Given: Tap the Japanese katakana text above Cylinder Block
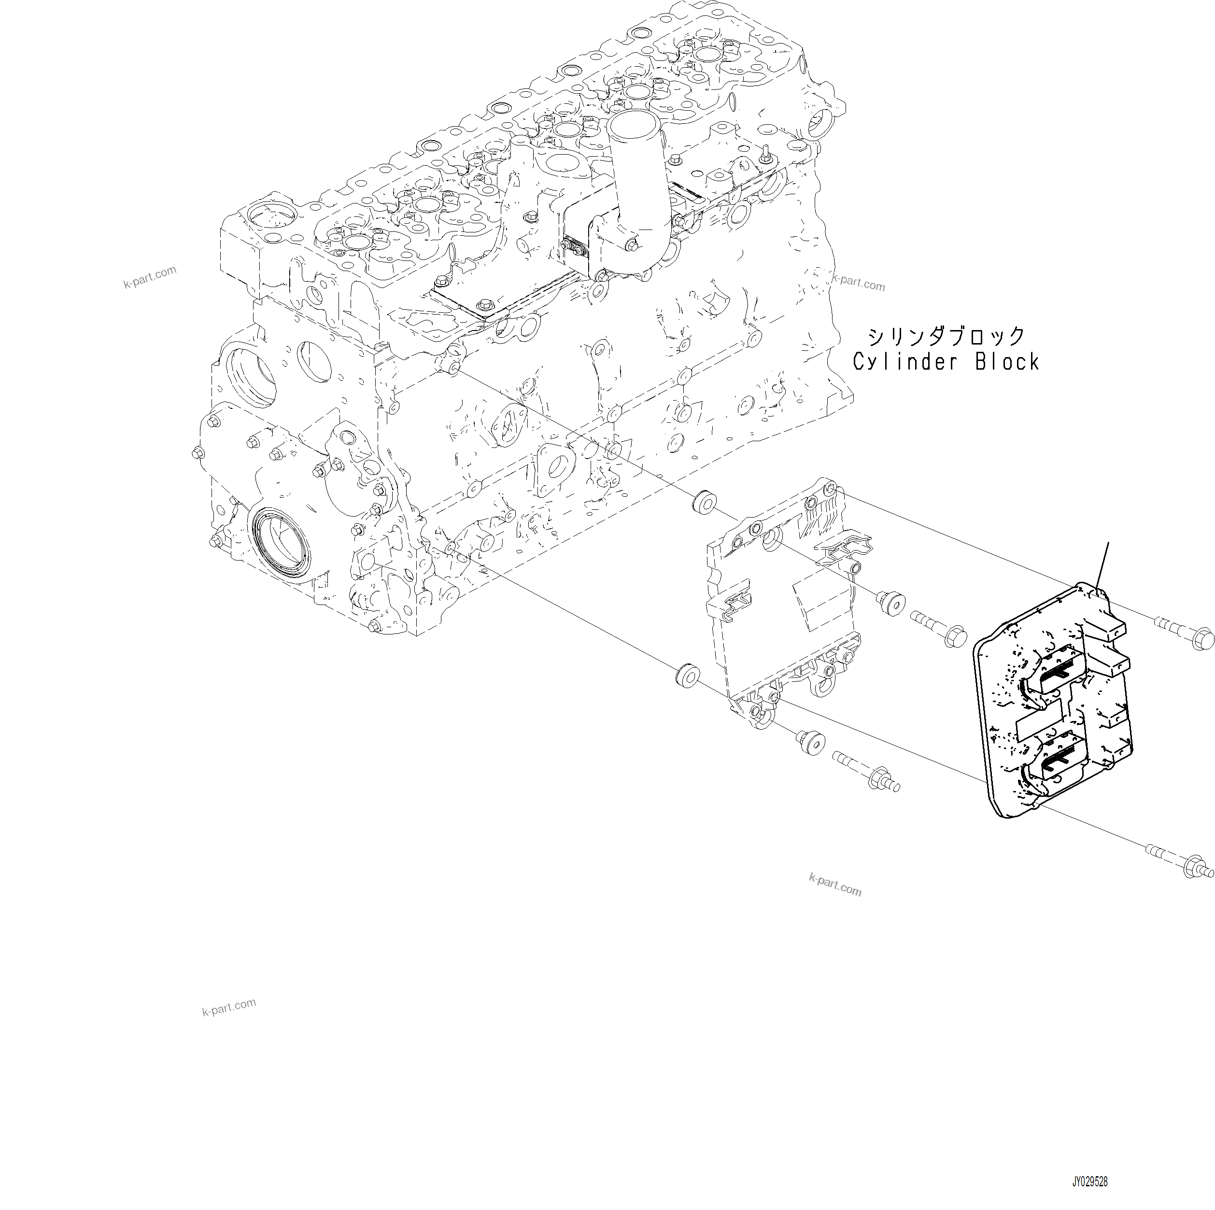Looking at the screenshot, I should (x=947, y=337).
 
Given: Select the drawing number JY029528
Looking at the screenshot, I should (x=1090, y=1183).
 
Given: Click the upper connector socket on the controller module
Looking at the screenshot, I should (x=1062, y=674).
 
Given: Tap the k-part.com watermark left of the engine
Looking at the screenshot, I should (x=150, y=277).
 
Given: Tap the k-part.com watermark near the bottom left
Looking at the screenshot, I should (x=229, y=1007).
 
